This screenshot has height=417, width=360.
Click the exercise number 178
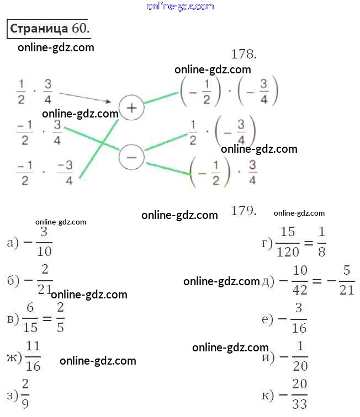[244, 54]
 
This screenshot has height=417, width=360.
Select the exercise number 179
[244, 210]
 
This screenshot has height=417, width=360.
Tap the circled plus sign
[131, 108]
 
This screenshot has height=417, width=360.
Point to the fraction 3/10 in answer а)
[45, 243]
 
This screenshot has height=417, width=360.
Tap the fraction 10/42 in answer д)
[300, 281]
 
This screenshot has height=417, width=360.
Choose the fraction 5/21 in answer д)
[347, 281]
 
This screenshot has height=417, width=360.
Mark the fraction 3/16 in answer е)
[299, 319]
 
